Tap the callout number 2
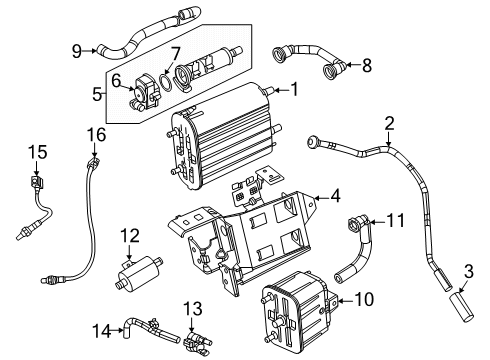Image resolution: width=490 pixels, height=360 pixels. click(389, 123)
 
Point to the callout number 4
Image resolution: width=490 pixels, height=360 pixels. click(337, 196)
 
